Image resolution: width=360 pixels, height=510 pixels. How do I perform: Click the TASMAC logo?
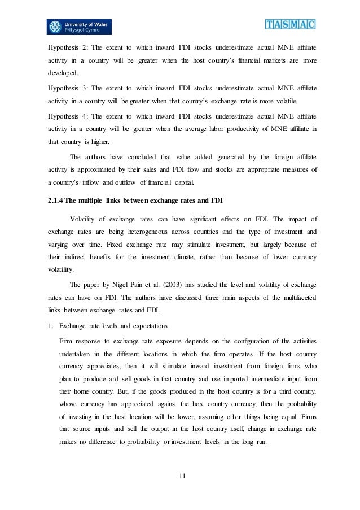tap(289, 24)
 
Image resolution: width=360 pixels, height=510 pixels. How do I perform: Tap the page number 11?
tap(182, 476)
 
